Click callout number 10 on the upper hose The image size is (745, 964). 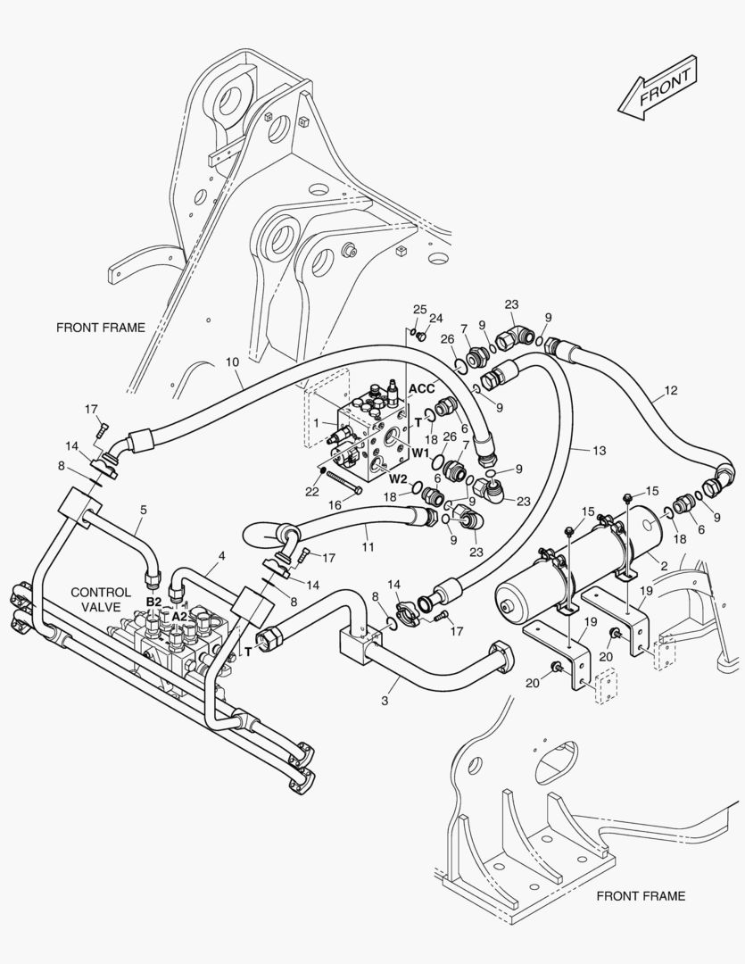click(x=232, y=362)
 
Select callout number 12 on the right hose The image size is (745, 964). click(x=671, y=390)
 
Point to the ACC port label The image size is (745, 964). click(x=421, y=389)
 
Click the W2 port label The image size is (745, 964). click(x=397, y=478)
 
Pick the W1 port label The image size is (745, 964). click(x=421, y=452)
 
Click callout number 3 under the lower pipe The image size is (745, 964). click(x=385, y=701)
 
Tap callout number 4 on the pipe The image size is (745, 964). click(x=222, y=556)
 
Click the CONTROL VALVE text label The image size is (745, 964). click(x=101, y=598)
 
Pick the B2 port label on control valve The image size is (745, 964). click(x=153, y=602)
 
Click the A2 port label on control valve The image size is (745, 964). click(x=179, y=616)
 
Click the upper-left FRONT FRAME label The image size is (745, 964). click(x=100, y=328)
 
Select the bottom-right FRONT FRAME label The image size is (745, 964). click(x=641, y=895)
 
